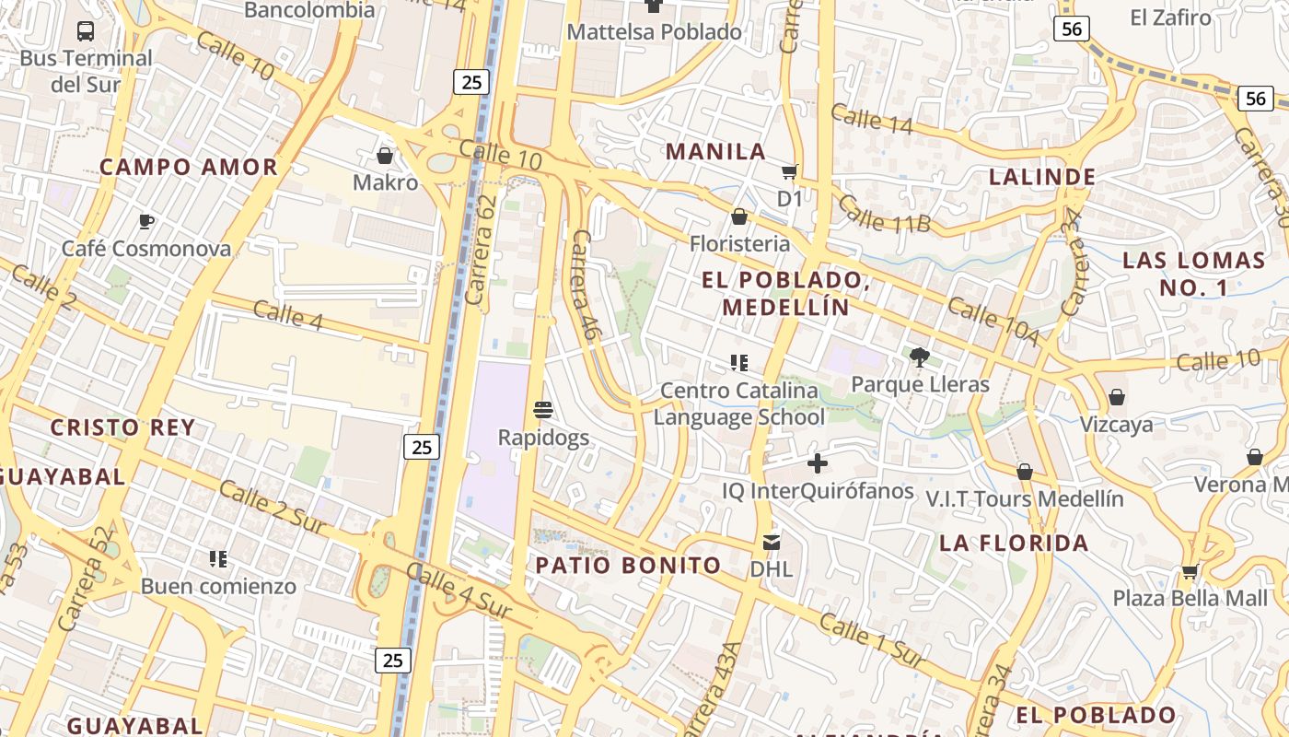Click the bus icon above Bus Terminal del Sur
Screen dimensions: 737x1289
pyautogui.click(x=86, y=30)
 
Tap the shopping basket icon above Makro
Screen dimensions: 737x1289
pyautogui.click(x=385, y=156)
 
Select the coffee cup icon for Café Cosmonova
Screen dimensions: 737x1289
pyautogui.click(x=145, y=221)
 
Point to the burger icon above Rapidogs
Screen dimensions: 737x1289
pyautogui.click(x=543, y=409)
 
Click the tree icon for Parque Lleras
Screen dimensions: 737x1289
pyautogui.click(x=919, y=357)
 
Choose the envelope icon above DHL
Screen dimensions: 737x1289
pyautogui.click(x=771, y=543)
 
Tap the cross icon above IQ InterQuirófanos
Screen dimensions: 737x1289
pyautogui.click(x=817, y=463)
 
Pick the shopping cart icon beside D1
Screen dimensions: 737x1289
pyautogui.click(x=789, y=172)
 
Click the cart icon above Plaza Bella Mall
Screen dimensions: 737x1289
pyautogui.click(x=1190, y=572)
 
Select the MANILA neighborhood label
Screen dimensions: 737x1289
pyautogui.click(x=715, y=152)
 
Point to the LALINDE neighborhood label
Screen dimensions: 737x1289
pyautogui.click(x=1041, y=177)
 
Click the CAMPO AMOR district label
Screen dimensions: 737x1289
pyautogui.click(x=188, y=168)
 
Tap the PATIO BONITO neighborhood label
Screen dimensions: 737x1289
pyautogui.click(x=628, y=566)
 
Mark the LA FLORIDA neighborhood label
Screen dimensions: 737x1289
pyautogui.click(x=1014, y=544)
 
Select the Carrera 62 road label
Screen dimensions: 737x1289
pyautogui.click(x=482, y=249)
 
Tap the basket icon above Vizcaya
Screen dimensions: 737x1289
pyautogui.click(x=1116, y=397)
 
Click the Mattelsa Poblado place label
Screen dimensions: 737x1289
pyautogui.click(x=654, y=32)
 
